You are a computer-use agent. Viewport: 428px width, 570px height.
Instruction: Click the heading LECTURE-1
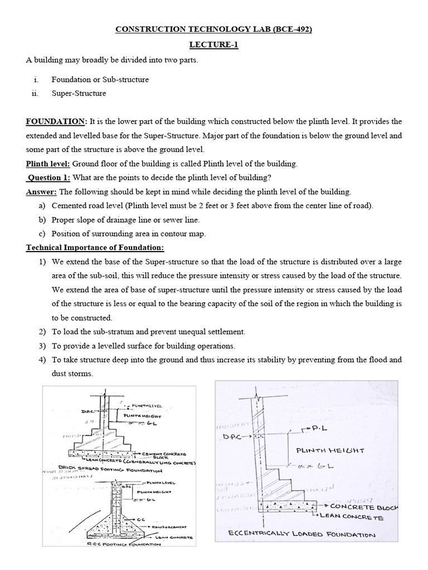pos(213,45)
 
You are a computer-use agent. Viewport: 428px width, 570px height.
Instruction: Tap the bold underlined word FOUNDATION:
pos(56,121)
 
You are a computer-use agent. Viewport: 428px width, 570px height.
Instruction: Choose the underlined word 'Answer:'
pos(41,192)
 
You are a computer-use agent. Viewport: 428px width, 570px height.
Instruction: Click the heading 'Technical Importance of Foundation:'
pos(95,248)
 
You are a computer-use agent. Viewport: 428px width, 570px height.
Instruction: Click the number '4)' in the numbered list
pos(42,360)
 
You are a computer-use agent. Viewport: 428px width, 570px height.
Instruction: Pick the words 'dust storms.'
pos(72,374)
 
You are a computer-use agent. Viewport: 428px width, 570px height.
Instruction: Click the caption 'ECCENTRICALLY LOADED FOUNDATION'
pos(302,535)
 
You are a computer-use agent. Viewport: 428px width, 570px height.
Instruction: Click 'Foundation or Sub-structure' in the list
pos(100,80)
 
